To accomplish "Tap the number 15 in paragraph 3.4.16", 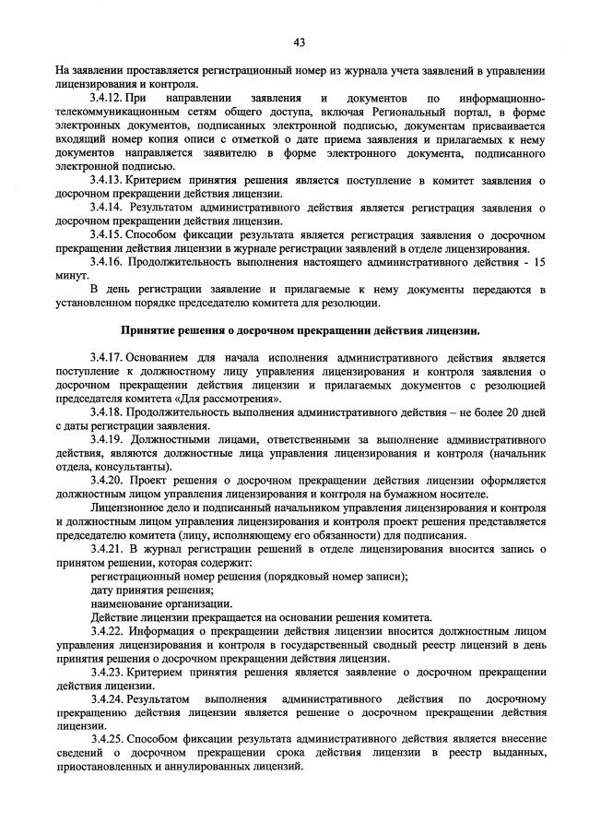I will point(539,262).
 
